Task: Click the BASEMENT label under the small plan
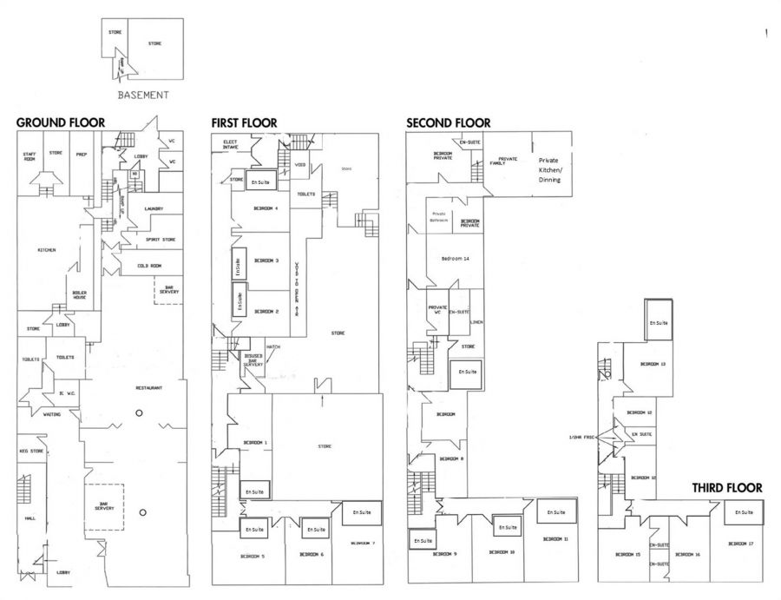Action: click(143, 96)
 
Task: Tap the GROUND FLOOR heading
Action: click(60, 123)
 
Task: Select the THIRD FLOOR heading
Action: click(727, 488)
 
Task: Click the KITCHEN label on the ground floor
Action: click(47, 250)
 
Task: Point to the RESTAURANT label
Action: click(149, 387)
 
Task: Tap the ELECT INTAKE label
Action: click(230, 144)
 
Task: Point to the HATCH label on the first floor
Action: click(273, 347)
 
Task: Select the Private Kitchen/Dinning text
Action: click(550, 170)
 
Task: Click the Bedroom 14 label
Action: click(455, 259)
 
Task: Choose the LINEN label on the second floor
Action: click(477, 322)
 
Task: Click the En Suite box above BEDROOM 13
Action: click(660, 322)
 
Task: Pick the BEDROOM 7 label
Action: click(364, 543)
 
